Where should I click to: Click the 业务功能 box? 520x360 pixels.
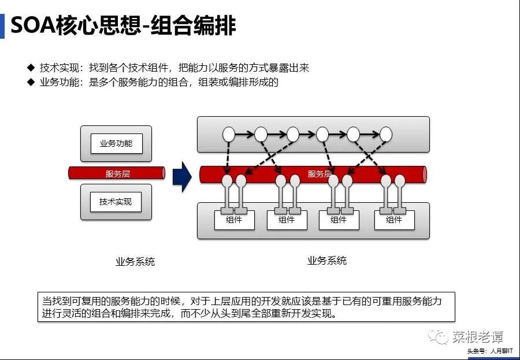click(116, 143)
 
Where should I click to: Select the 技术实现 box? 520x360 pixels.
click(116, 202)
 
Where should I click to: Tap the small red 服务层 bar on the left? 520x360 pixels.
click(117, 173)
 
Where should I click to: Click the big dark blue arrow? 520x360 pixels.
click(182, 176)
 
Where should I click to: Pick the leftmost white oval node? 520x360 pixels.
click(229, 135)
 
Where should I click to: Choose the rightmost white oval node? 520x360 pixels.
click(386, 135)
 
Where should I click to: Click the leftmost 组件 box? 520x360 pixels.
click(235, 220)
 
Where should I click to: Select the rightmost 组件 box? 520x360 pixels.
click(394, 220)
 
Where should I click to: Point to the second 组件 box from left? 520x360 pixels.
click(287, 220)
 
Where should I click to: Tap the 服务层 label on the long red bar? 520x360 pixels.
click(319, 174)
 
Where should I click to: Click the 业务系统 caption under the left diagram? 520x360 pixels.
click(135, 262)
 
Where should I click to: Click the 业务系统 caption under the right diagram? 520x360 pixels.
click(327, 261)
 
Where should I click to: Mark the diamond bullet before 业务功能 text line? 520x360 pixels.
click(31, 82)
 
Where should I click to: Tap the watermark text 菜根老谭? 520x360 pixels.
click(477, 336)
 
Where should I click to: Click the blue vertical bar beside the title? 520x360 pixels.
click(2, 26)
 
